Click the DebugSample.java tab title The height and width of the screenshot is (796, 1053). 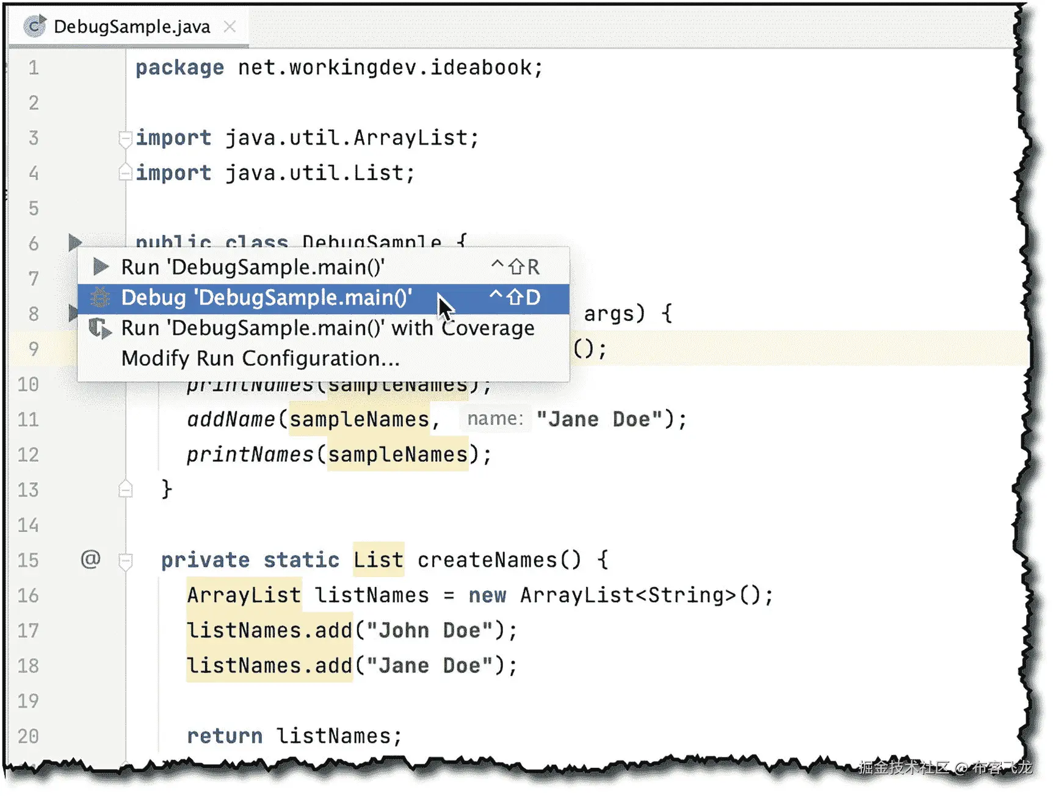131,27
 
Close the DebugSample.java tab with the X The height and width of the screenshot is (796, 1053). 230,27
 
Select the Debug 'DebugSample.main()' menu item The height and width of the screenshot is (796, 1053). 266,298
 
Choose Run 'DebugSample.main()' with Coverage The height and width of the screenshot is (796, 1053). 327,329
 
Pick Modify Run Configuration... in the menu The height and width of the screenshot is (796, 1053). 260,359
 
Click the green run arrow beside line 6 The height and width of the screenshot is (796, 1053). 74,242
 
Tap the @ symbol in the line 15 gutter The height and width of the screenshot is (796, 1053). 90,559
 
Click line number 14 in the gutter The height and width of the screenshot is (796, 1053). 28,525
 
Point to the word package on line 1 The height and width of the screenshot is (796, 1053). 179,68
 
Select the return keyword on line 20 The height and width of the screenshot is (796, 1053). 224,736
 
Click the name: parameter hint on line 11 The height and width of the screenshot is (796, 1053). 495,419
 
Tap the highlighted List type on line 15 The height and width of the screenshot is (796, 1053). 378,560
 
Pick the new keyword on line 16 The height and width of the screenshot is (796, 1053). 487,595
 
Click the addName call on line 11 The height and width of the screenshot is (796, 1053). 231,420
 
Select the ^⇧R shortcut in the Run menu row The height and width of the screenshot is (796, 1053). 516,267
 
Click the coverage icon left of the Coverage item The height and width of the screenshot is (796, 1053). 100,329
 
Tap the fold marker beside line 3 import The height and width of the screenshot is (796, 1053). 125,138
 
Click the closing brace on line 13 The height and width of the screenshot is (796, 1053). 167,489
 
